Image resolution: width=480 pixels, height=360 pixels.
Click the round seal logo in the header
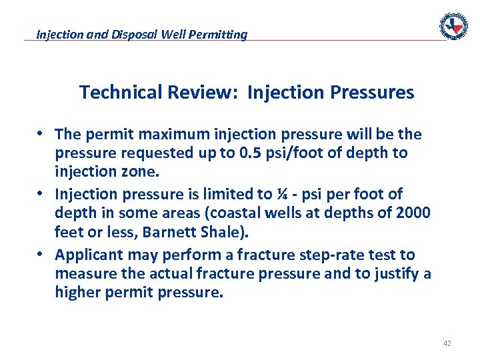tap(453, 26)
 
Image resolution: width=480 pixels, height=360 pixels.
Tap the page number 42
tap(447, 343)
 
